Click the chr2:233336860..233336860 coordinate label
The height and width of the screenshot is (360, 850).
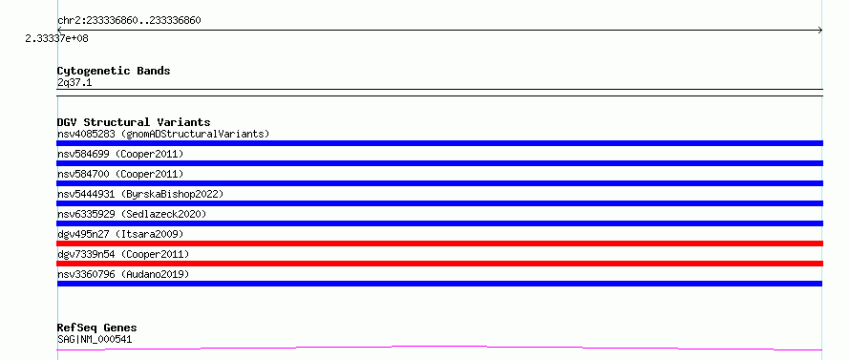tap(129, 21)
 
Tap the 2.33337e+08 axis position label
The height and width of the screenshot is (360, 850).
tap(56, 38)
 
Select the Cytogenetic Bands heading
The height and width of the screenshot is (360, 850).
tap(114, 71)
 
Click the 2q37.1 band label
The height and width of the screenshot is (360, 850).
tap(74, 82)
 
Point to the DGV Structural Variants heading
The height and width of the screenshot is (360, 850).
tap(134, 122)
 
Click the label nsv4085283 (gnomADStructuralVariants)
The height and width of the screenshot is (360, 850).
tap(163, 134)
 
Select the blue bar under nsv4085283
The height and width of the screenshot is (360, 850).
tap(439, 143)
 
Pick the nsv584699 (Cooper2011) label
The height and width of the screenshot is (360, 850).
tap(120, 154)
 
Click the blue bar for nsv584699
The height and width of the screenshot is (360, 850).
tap(439, 163)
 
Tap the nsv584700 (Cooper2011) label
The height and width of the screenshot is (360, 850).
tap(120, 174)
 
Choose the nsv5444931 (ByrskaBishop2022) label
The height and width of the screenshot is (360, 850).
tap(140, 194)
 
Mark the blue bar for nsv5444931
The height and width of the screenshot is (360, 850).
tap(439, 203)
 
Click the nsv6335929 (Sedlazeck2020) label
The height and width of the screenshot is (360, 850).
tap(132, 214)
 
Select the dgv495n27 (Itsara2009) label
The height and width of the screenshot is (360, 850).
tap(120, 234)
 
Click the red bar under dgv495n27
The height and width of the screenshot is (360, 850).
tap(439, 244)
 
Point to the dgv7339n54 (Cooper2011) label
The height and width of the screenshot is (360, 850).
tap(123, 254)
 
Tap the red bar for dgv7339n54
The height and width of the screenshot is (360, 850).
tap(439, 264)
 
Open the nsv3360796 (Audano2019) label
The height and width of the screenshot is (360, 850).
tap(123, 274)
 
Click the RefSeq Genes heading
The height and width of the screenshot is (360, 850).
tap(97, 328)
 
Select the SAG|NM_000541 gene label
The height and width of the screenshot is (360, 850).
tap(95, 339)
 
